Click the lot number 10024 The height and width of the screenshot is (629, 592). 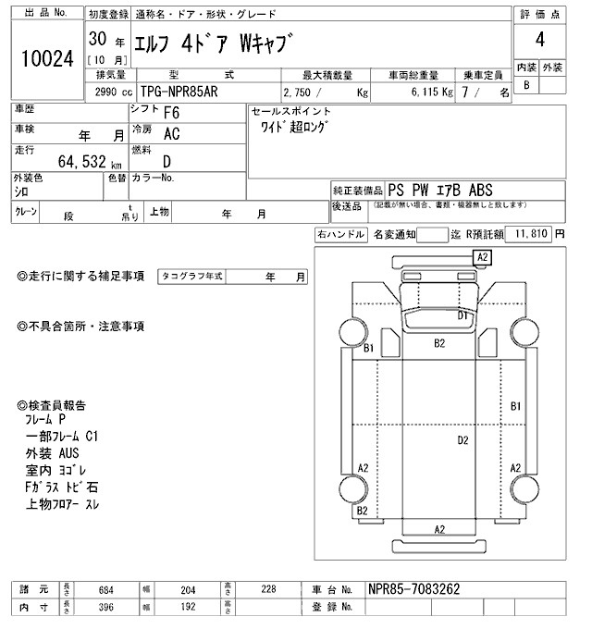46,58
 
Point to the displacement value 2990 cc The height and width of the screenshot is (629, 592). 114,92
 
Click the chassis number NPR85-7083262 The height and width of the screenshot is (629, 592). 413,589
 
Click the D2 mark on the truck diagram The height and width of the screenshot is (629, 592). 463,440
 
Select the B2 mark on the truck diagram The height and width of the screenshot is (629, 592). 440,343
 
